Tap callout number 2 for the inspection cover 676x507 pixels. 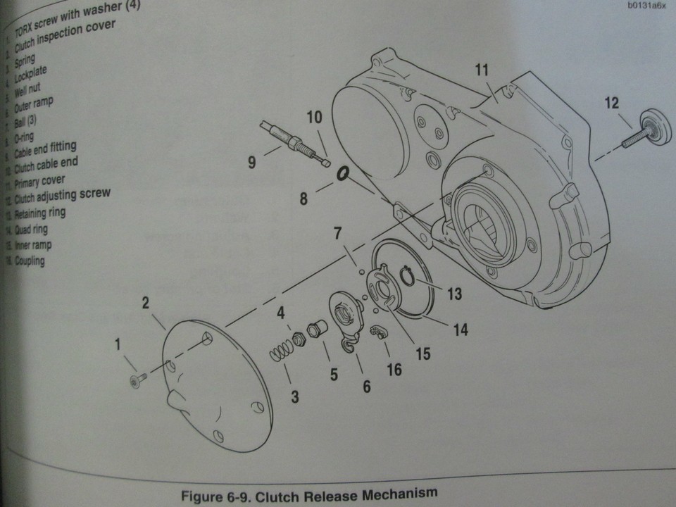[x=145, y=303]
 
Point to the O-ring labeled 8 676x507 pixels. [x=343, y=172]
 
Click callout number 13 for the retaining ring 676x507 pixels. [x=454, y=293]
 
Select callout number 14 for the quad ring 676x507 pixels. [x=461, y=328]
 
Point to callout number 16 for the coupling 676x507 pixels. [x=394, y=369]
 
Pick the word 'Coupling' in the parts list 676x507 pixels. [x=32, y=261]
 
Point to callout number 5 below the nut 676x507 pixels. [x=334, y=375]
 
